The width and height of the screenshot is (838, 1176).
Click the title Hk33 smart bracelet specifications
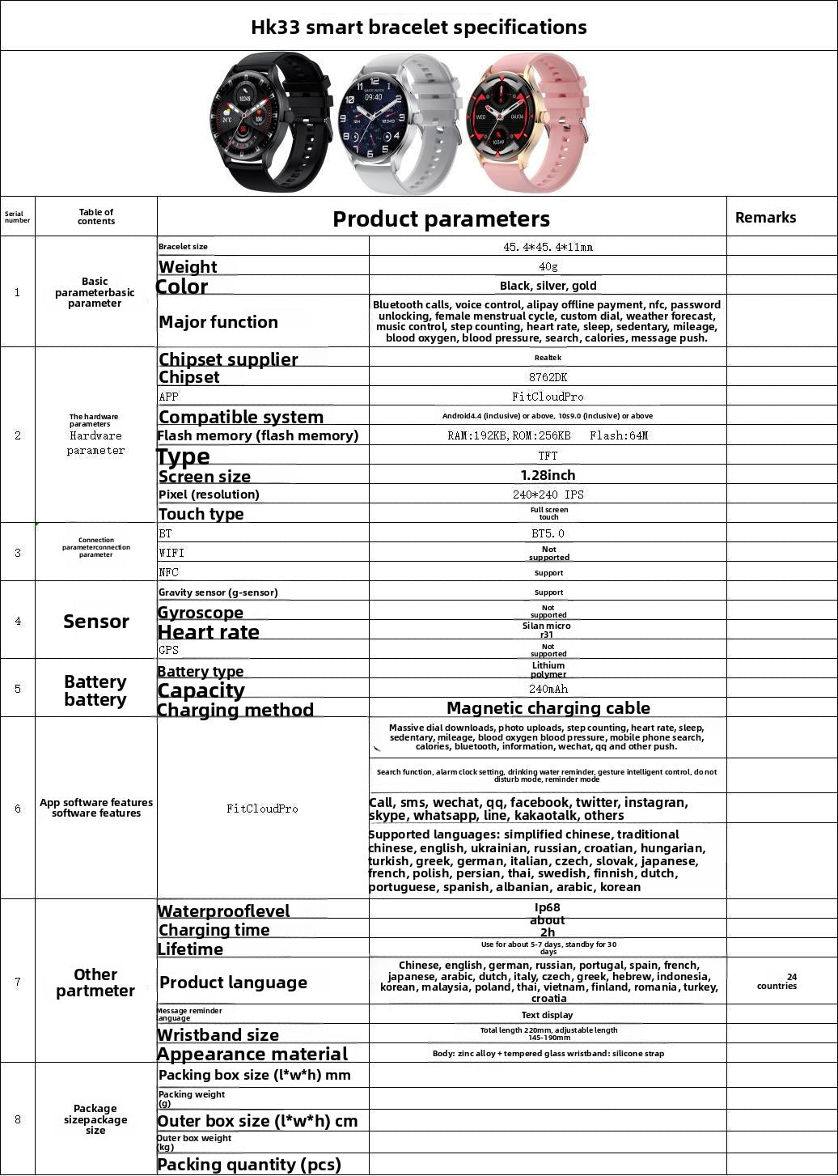pyautogui.click(x=419, y=27)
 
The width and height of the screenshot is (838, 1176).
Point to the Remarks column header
pyautogui.click(x=765, y=217)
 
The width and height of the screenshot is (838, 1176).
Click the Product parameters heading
pyautogui.click(x=441, y=219)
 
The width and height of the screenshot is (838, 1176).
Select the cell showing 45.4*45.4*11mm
pyautogui.click(x=548, y=247)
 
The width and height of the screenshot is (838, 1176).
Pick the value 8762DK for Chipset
pyautogui.click(x=548, y=377)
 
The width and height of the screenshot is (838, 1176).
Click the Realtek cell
pyautogui.click(x=548, y=358)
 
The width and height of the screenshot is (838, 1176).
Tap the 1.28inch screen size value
pyautogui.click(x=548, y=475)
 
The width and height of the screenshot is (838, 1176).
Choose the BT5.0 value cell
pyautogui.click(x=548, y=533)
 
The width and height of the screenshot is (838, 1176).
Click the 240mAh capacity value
pyautogui.click(x=548, y=689)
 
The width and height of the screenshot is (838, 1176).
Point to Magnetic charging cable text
pyautogui.click(x=548, y=708)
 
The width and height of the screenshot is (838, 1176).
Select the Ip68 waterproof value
pyautogui.click(x=548, y=907)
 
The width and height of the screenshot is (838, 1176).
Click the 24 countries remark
pyautogui.click(x=777, y=981)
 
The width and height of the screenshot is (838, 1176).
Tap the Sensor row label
pyautogui.click(x=96, y=621)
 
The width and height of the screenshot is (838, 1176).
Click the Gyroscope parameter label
pyautogui.click(x=200, y=613)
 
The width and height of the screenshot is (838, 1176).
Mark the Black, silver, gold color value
pyautogui.click(x=548, y=286)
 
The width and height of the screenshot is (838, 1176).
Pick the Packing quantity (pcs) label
pyautogui.click(x=249, y=1165)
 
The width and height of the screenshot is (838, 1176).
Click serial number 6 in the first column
pyautogui.click(x=18, y=808)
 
